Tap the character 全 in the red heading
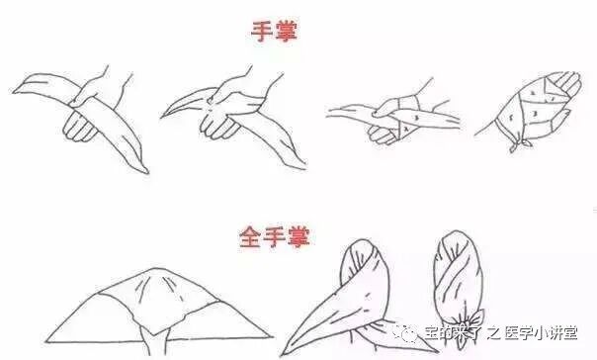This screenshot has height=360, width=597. [x=250, y=236]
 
